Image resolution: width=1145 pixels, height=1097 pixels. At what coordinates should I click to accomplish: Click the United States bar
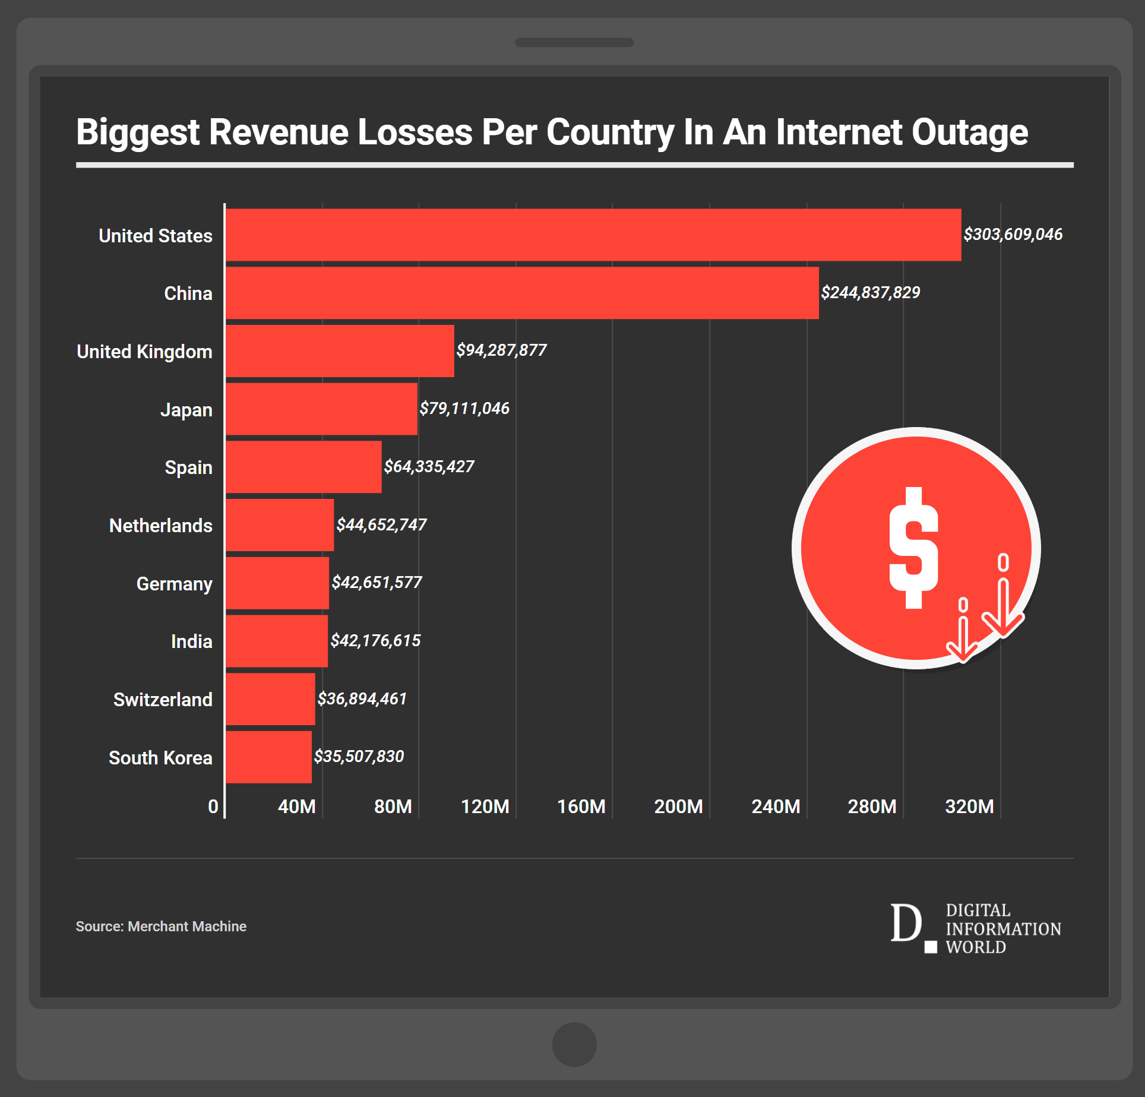tap(593, 235)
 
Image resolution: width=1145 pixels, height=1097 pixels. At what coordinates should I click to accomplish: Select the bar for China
tap(521, 293)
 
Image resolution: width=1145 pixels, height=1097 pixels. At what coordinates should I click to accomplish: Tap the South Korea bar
tap(268, 757)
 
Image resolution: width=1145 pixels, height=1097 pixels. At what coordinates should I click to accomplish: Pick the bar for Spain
tap(303, 467)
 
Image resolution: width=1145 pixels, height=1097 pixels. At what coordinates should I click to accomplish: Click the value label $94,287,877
tap(501, 350)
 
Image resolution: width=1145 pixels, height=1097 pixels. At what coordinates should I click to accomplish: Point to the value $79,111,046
tap(464, 409)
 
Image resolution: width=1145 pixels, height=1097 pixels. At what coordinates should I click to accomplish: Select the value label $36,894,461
tap(362, 699)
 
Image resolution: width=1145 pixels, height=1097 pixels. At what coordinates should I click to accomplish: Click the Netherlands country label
tap(160, 526)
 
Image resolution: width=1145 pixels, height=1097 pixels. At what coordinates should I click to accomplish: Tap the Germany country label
tap(174, 584)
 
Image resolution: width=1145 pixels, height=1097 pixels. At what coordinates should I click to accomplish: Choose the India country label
tap(191, 641)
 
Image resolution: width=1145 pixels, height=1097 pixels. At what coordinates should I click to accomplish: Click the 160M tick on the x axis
tap(581, 807)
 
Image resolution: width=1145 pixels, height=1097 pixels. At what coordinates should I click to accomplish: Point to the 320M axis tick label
tap(969, 807)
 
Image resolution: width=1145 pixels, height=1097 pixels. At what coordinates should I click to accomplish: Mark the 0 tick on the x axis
tap(213, 807)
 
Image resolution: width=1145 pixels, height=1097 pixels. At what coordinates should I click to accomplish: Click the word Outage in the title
tap(969, 132)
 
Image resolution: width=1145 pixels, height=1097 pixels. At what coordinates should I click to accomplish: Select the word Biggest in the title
tap(138, 132)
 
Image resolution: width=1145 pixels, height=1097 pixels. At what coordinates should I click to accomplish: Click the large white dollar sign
tap(913, 548)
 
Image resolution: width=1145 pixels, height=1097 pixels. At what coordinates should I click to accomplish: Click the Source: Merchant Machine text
tap(161, 927)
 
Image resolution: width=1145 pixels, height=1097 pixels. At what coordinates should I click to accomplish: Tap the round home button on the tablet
tap(574, 1045)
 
